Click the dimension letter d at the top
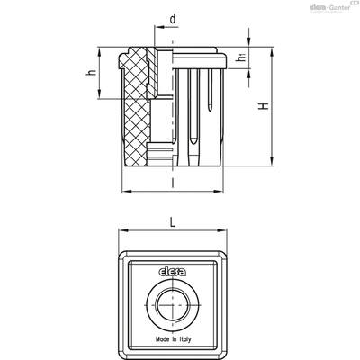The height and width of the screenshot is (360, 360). pos(173,20)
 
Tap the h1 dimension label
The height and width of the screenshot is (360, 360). pos(241,57)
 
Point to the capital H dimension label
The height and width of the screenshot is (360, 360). pos(264,106)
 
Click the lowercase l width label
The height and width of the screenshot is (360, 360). pos(173,182)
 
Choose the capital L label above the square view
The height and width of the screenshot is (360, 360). pos(173,222)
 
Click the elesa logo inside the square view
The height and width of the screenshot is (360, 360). pos(172,272)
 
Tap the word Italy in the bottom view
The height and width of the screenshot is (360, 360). pos(185,339)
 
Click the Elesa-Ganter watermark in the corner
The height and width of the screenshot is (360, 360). pos(331,7)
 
